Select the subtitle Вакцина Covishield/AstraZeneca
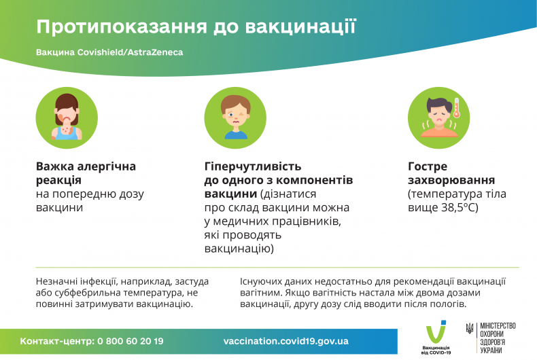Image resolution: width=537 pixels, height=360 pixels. coord(109,52)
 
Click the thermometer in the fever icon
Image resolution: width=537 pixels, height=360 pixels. coord(457,109)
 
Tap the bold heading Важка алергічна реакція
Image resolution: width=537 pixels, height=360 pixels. coord(86,173)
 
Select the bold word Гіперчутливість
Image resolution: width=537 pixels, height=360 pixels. coord(253,166)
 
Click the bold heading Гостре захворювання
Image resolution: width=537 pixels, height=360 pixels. coord(451,173)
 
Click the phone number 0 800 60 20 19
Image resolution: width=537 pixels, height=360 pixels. coord(131,341)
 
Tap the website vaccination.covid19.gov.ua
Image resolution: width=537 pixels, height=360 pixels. coord(285,341)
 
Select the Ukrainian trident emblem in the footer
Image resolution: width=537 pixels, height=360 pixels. coord(469,329)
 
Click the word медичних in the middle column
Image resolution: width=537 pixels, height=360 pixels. coord(242,221)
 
